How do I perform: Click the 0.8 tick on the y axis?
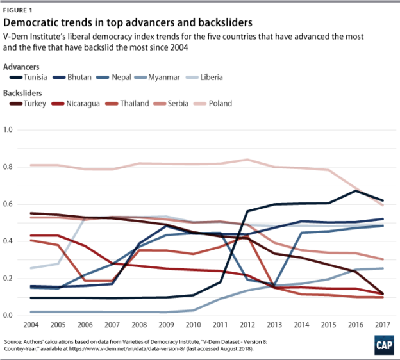point(10,167)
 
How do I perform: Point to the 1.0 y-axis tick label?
point(10,130)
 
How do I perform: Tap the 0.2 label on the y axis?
point(10,279)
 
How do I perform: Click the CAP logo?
point(383,346)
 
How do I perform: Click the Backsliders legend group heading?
point(23,92)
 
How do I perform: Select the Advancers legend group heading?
point(21,66)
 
